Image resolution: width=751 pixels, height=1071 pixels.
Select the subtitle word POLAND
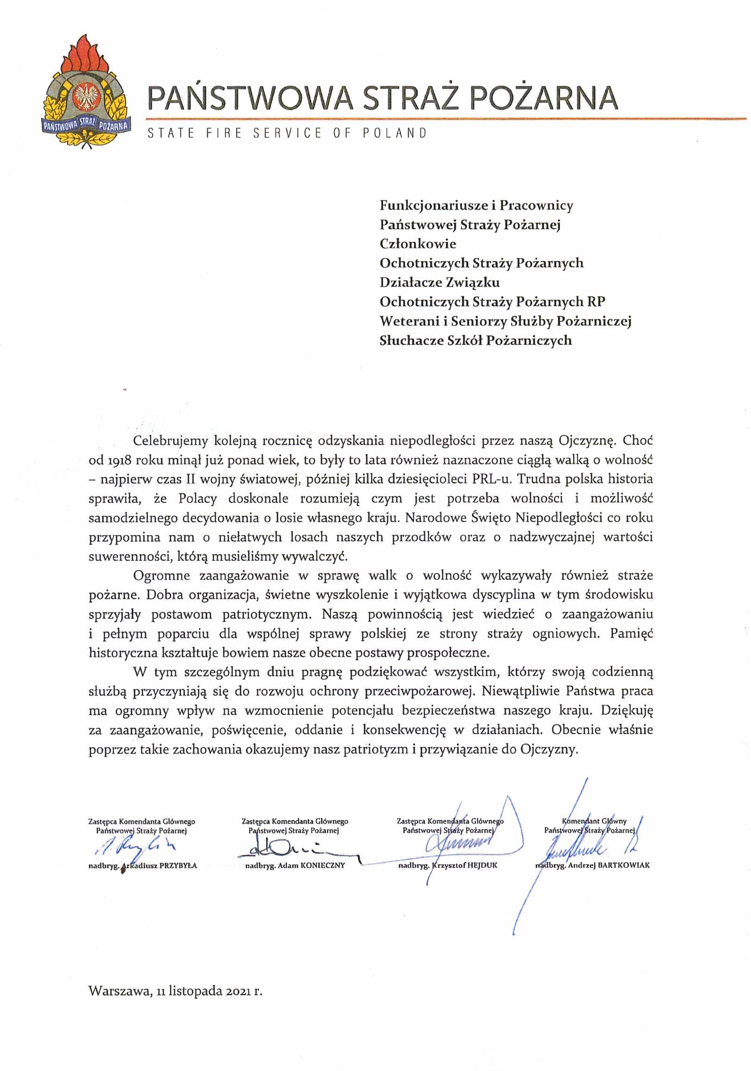click(395, 133)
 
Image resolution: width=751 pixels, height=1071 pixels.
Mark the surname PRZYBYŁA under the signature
click(178, 866)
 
